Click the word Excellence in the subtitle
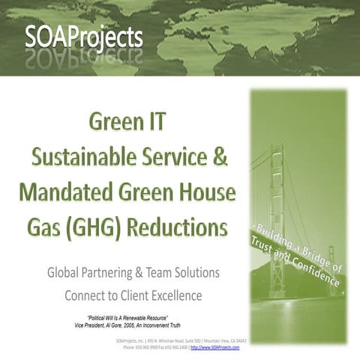coord(177,295)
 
